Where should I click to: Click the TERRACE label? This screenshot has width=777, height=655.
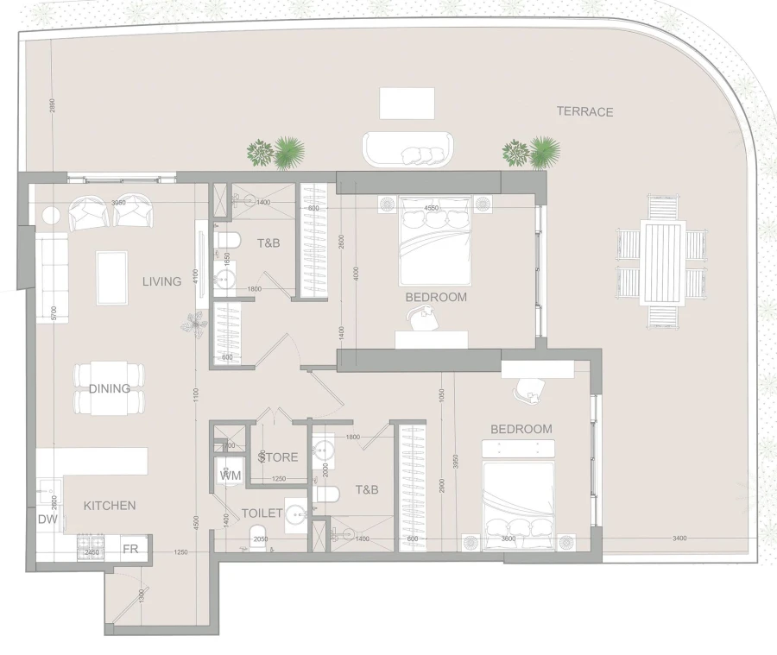coord(584,111)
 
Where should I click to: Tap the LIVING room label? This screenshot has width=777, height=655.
coord(162,281)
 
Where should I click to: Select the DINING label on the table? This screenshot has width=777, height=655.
coord(110,388)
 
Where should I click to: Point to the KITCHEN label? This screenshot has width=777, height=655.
coord(110,505)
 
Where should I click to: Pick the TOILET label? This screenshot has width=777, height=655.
coord(262,513)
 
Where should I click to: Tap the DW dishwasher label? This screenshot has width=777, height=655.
coord(47,520)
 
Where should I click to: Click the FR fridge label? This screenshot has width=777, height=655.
coord(130,549)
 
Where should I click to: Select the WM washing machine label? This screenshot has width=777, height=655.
coord(231,475)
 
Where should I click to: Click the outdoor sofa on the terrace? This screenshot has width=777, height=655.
coord(407,148)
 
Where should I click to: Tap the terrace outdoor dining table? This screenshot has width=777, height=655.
coord(662,262)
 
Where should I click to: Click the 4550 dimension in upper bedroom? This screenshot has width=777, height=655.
coord(433,208)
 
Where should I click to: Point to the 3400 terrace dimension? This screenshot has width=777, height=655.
coord(679,538)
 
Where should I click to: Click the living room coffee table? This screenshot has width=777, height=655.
coord(112,277)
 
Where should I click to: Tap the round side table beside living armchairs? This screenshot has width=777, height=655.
coord(51,215)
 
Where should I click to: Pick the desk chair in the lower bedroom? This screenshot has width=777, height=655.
coord(527,389)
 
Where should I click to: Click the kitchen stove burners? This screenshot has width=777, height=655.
coord(89,547)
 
